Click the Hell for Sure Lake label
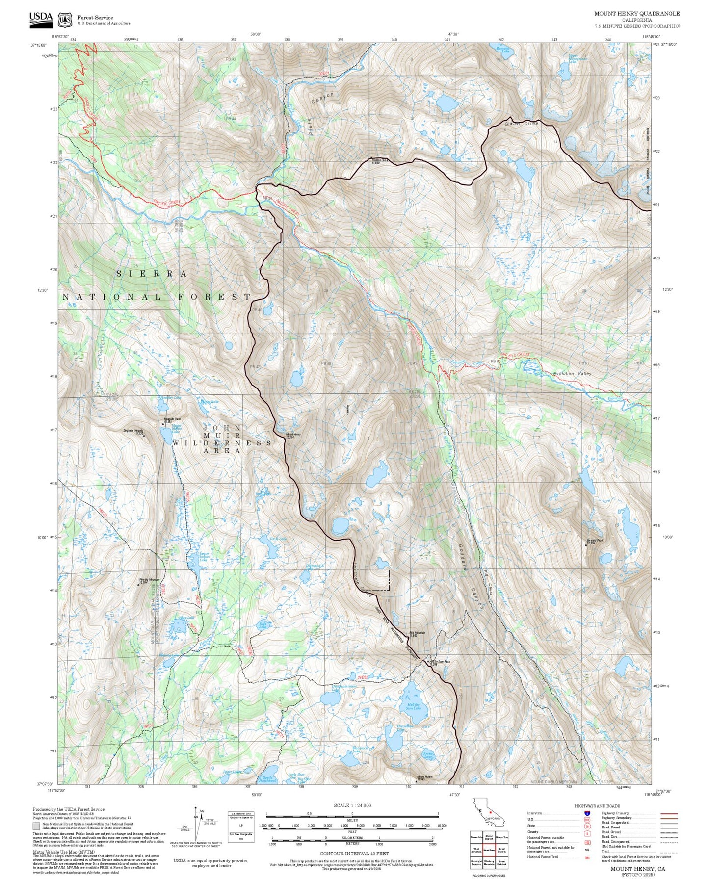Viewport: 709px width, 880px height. pos(414,706)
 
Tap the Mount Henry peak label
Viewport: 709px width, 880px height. pos(293,436)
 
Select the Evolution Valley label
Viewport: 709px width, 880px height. pos(572,374)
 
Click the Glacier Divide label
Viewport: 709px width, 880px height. pos(522,124)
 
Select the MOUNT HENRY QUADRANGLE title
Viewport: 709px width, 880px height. pos(637,14)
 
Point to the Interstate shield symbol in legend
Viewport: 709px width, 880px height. pos(587,813)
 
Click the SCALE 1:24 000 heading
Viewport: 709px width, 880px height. pos(352,805)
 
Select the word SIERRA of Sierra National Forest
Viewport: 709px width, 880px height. pos(152,274)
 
